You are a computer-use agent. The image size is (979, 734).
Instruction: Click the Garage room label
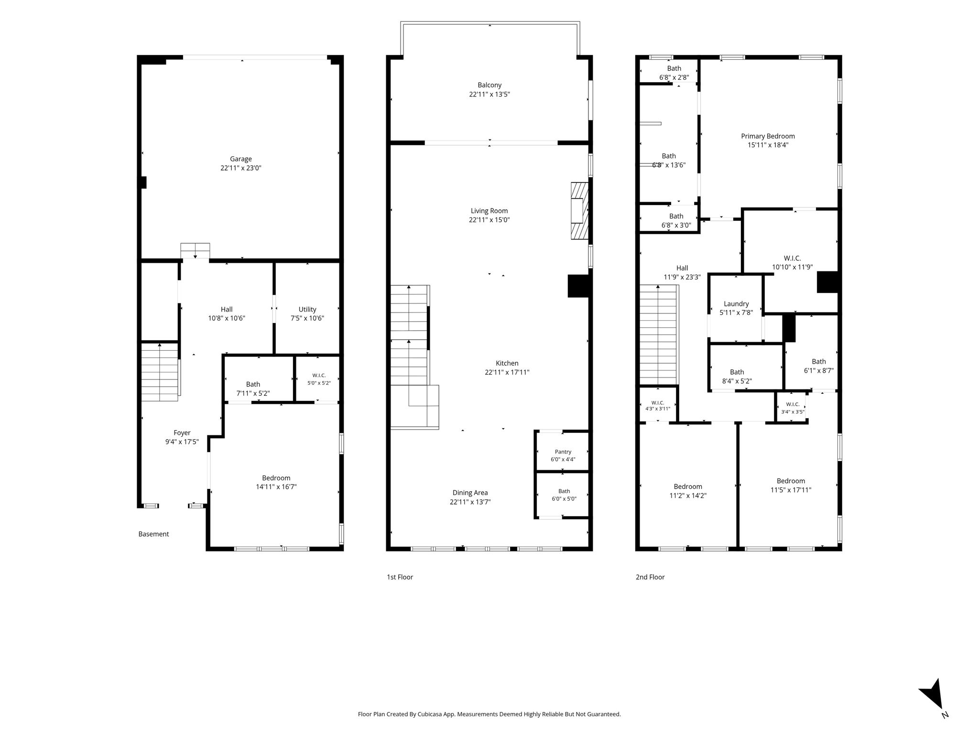pos(241,159)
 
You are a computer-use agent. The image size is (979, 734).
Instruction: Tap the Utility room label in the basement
pos(307,309)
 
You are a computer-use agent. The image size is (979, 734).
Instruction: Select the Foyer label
pos(182,433)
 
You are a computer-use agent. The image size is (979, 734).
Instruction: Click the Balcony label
pos(489,85)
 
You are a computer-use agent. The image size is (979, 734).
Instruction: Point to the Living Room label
pos(489,211)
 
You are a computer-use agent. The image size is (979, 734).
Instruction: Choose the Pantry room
pos(563,452)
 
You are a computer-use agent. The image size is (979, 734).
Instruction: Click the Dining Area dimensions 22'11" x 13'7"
pos(470,502)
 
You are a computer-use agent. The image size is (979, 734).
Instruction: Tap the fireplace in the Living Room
pos(579,210)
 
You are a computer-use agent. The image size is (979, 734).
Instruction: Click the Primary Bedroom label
pos(768,136)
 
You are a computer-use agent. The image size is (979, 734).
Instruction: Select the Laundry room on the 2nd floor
pos(736,308)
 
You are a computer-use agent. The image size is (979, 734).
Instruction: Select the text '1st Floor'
pos(400,577)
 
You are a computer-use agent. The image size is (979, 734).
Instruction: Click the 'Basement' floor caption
pos(153,534)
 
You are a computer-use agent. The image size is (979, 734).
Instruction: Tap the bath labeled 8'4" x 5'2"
pos(737,377)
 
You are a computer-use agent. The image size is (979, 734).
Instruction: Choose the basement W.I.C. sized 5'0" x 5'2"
pos(319,379)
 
